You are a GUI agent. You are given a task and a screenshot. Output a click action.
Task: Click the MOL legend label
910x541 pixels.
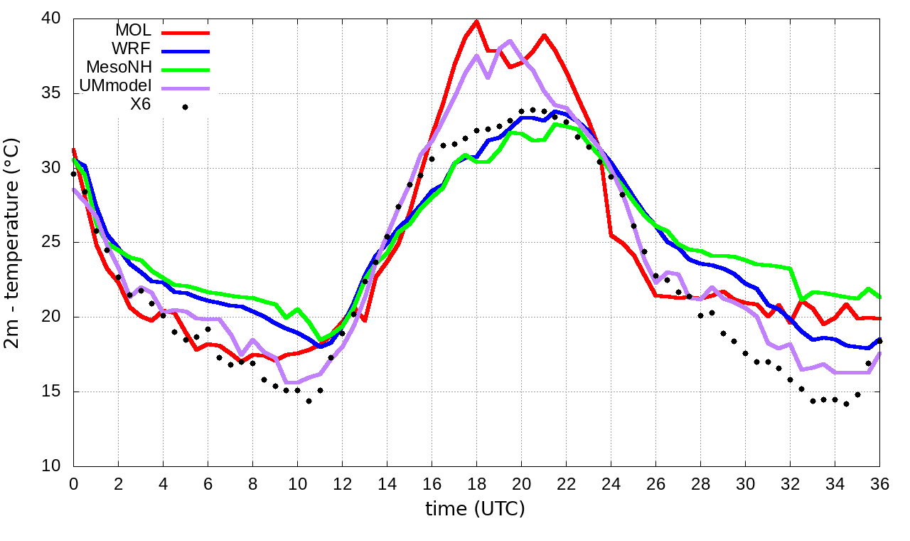pos(134,31)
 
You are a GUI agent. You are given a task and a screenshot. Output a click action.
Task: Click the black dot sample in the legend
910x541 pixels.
pos(186,107)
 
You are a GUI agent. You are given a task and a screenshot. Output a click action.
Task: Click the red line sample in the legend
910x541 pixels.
pos(186,33)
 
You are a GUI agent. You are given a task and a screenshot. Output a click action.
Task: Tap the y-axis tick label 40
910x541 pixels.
pos(53,19)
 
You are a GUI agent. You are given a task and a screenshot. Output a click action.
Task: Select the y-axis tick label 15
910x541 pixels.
pos(53,392)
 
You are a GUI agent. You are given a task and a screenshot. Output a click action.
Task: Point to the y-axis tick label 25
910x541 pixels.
pos(53,243)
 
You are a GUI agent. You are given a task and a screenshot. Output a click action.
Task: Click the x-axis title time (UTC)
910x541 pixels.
pos(475,509)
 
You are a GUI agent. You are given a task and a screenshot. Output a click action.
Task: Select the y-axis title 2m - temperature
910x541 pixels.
pos(13,243)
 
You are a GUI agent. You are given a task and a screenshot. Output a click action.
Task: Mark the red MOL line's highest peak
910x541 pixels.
pos(476,21)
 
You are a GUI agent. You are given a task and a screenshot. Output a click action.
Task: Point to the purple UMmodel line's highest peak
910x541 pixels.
pos(510,41)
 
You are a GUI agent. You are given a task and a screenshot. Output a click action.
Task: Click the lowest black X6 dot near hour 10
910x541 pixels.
pos(309,401)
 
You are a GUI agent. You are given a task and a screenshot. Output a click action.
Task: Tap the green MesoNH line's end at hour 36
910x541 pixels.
pos(879,296)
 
